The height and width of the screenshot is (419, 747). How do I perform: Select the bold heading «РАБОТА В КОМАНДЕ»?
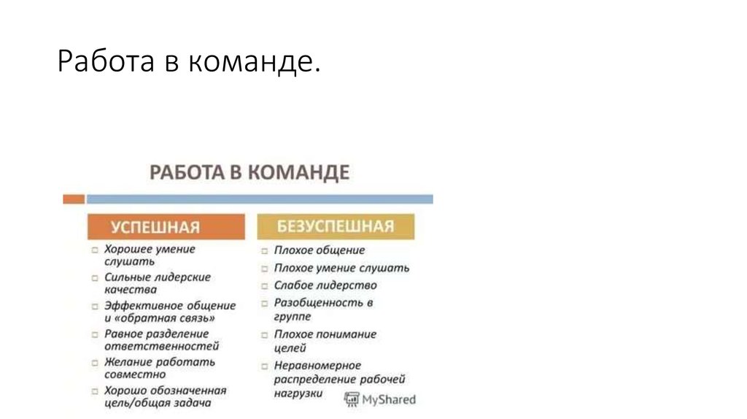(x=249, y=173)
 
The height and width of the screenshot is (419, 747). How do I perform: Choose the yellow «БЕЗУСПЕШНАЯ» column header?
(x=336, y=226)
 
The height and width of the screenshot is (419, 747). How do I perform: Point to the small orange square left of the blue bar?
(x=73, y=199)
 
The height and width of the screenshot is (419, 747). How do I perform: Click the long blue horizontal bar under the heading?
(x=259, y=199)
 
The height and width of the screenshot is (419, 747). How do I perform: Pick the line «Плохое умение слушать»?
(x=341, y=268)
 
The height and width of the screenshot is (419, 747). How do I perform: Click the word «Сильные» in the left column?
(x=127, y=277)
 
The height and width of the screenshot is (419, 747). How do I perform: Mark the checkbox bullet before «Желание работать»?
(x=96, y=362)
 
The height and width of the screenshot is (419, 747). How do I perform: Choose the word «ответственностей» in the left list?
(x=161, y=346)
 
